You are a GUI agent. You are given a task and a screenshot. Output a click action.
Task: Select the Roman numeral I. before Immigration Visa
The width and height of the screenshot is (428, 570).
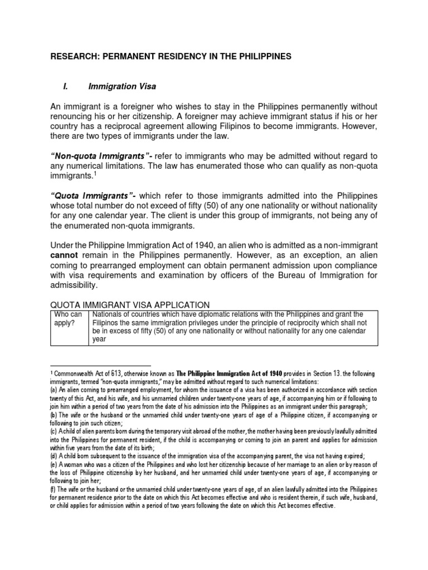pos(65,86)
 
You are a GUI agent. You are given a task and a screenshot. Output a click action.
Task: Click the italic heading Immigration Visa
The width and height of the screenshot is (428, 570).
pos(122,86)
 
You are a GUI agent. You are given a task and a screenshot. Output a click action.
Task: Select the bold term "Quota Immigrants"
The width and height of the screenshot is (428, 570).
pos(92,196)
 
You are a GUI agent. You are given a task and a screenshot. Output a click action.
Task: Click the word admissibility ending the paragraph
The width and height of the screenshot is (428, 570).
pos(74,286)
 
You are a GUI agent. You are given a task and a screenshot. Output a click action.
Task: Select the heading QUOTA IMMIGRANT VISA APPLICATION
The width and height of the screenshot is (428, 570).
pos(130,305)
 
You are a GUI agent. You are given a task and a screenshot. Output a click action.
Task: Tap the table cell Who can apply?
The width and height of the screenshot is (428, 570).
pos(68,319)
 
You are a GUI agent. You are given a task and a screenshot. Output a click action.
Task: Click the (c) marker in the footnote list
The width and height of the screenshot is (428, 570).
pos(54,431)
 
